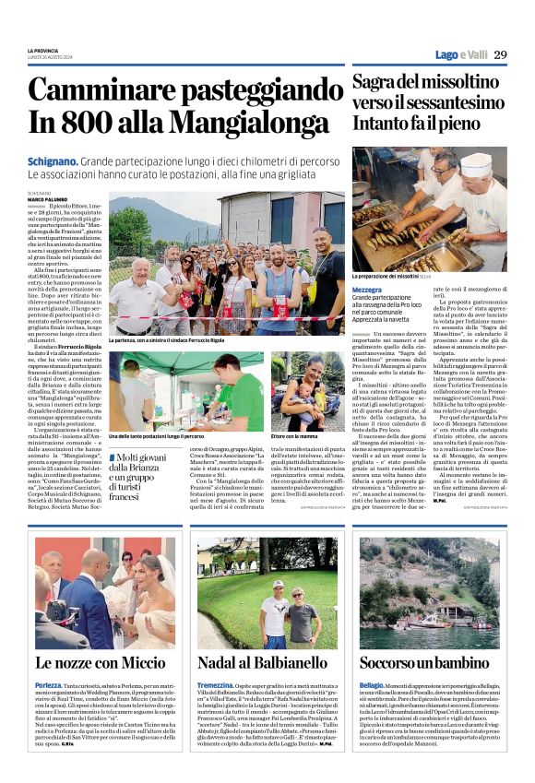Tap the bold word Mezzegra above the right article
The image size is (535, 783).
point(367,290)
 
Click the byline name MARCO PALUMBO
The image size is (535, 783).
point(46,198)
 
